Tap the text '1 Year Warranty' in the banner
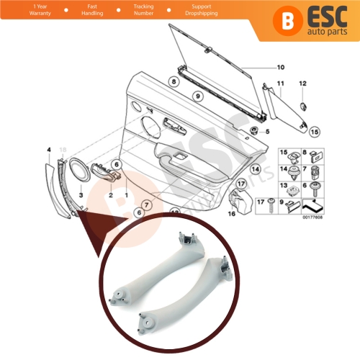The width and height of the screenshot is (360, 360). point(24,10)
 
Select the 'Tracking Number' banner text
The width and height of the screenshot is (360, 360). point(143,10)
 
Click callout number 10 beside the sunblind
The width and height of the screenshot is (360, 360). point(281,68)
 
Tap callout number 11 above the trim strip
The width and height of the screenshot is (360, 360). point(281,84)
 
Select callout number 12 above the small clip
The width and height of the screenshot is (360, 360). point(302,84)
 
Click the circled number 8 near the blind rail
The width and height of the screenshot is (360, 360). point(174,82)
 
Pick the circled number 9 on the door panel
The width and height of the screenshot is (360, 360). point(194,96)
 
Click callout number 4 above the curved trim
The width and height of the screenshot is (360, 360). point(48,150)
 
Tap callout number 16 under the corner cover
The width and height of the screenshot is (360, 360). point(233,214)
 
